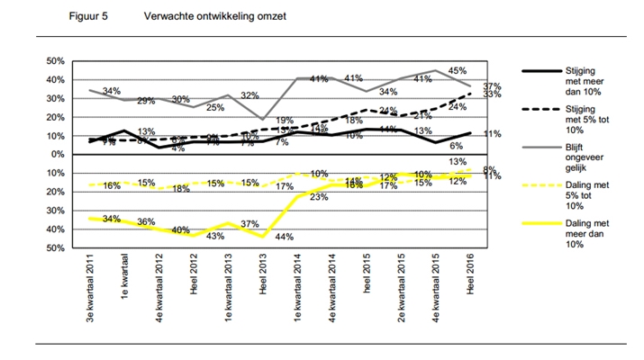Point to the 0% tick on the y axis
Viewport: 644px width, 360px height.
pos(56,155)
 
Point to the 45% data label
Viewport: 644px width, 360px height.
pos(458,70)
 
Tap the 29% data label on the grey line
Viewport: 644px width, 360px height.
pos(147,100)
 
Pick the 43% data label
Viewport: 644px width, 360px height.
pos(216,236)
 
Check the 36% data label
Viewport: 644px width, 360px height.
pos(147,222)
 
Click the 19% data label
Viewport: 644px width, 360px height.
pos(285,121)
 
